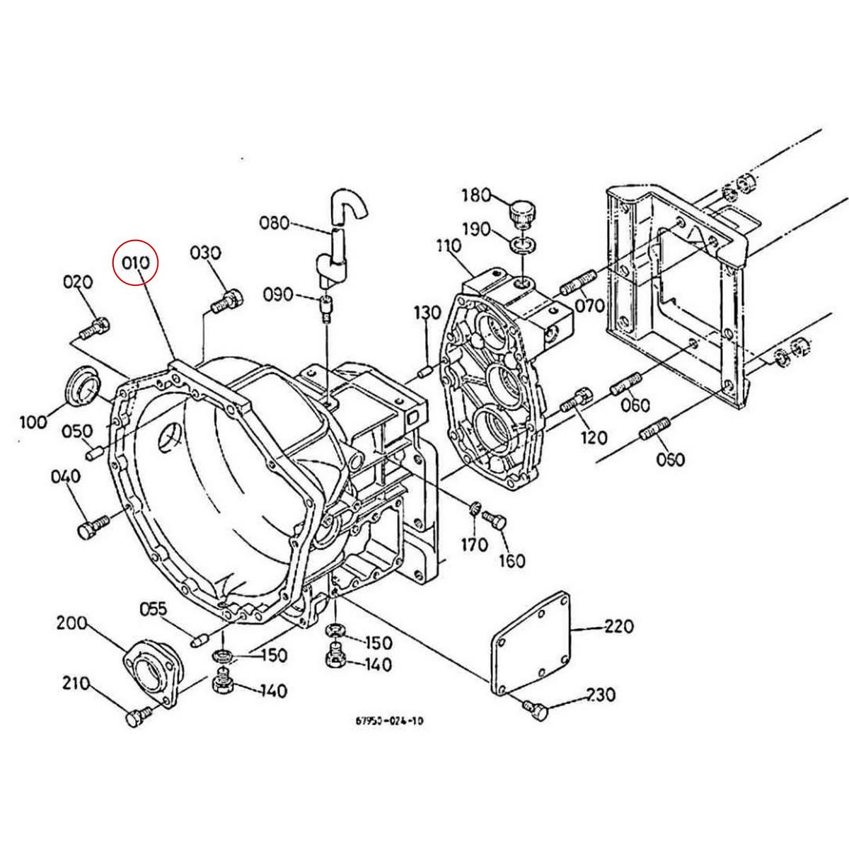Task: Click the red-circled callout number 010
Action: click(136, 262)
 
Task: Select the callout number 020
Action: click(78, 282)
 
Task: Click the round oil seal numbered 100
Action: click(83, 386)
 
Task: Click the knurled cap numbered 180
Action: click(524, 212)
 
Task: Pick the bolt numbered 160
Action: click(495, 522)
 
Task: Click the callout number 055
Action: click(153, 608)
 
